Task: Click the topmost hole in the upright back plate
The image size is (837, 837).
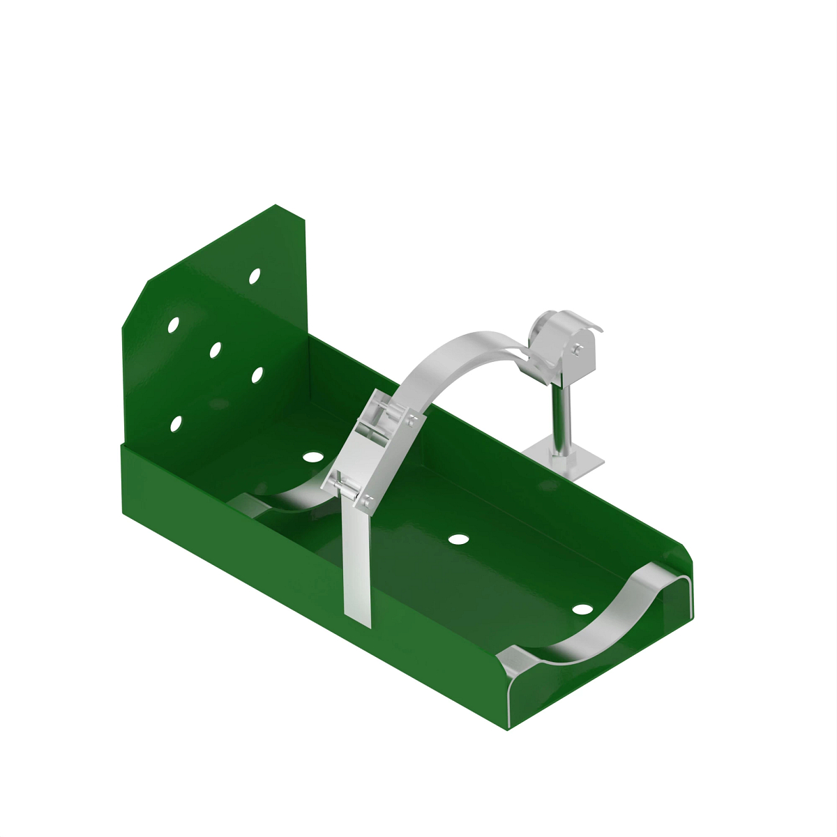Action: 255,276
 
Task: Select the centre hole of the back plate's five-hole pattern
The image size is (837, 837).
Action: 215,349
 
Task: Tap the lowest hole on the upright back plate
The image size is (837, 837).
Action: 176,423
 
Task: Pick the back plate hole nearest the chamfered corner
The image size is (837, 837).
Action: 173,324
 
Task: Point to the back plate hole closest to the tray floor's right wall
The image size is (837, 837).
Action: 257,375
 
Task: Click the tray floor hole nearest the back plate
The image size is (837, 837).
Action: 313,457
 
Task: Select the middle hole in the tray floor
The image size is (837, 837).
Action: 458,539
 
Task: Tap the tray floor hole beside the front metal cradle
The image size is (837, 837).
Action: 582,609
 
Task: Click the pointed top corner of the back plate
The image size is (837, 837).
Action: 276,206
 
